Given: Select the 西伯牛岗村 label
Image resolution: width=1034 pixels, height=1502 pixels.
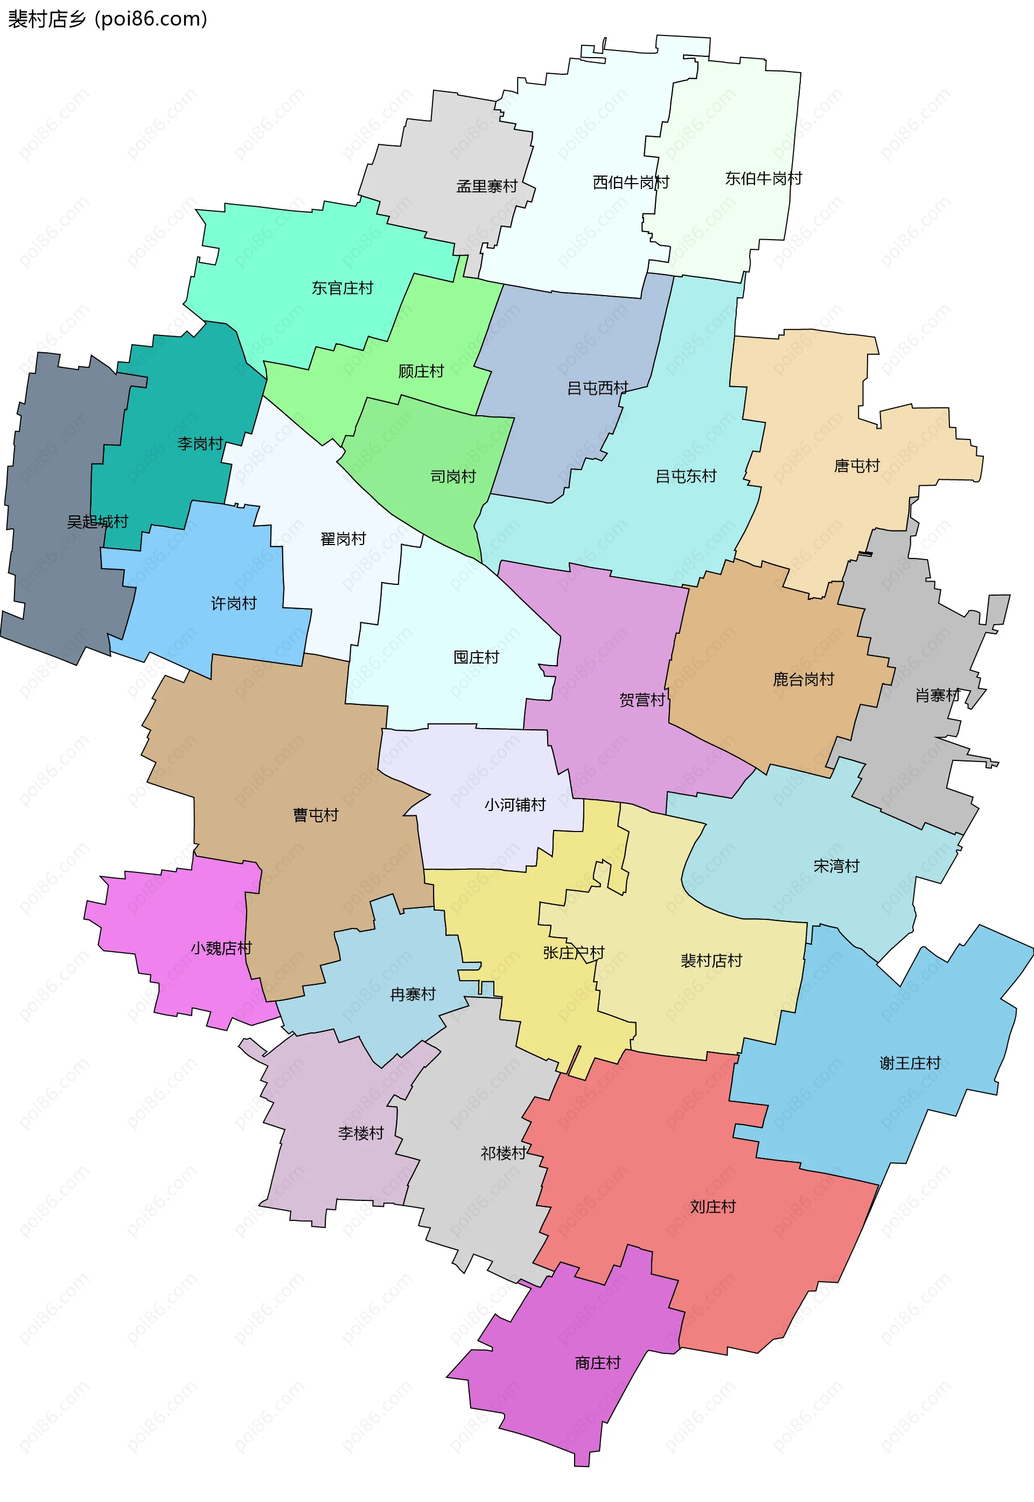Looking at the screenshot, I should point(631,183).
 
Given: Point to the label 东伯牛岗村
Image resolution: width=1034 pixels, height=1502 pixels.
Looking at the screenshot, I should point(763,178).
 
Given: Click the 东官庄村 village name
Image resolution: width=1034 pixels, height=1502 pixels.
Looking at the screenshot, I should point(342,288).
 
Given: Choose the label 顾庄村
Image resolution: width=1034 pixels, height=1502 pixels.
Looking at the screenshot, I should point(421,371).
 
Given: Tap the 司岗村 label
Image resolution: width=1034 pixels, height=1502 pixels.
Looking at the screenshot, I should point(453,477).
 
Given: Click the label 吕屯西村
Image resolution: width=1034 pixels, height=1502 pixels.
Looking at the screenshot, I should point(597,388).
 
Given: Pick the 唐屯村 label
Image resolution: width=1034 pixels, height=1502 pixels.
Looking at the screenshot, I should point(856,466).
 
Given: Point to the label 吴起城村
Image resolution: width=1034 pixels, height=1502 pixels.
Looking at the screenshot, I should point(97,521).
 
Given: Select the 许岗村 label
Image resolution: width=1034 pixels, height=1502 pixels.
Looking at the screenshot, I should point(233,604).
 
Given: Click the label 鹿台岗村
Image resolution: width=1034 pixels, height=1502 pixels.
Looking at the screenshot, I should point(804,680).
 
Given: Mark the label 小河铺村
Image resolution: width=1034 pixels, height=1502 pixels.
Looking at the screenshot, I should point(515,805).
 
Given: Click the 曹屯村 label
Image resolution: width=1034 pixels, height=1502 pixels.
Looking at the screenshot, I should point(316,815).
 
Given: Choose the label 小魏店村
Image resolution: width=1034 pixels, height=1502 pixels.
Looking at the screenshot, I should point(221,948).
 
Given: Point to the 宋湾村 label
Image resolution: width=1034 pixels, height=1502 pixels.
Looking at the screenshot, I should point(836,866).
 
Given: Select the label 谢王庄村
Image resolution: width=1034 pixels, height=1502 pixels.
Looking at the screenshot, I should point(910,1063).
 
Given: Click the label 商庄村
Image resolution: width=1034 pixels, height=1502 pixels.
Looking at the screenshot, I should point(597,1363).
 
